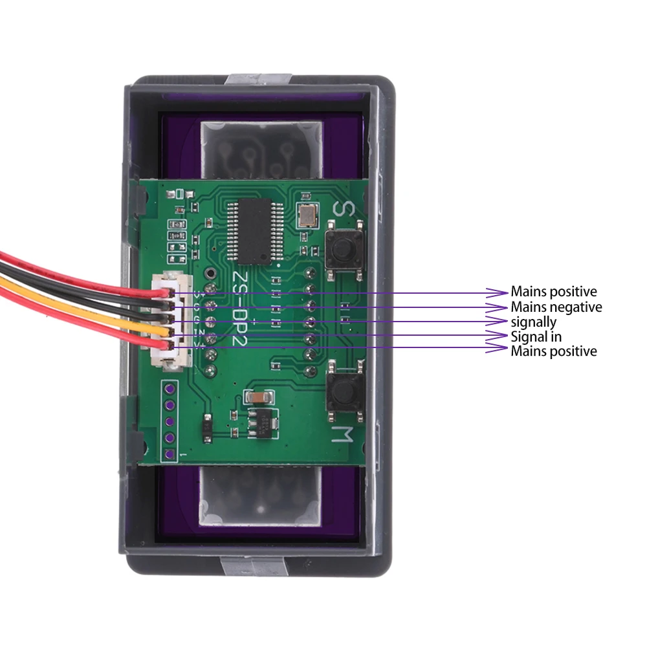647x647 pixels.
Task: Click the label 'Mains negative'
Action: point(556,307)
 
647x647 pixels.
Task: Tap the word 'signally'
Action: point(533,322)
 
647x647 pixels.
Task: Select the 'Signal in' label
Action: point(536,336)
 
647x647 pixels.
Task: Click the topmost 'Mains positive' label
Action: point(553,292)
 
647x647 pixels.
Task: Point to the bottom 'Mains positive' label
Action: point(553,351)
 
